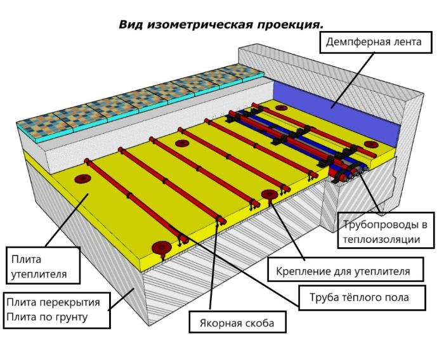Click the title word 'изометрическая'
(x=200, y=25)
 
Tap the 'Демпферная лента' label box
(x=375, y=42)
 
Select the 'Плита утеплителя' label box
(x=43, y=266)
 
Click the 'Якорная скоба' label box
(x=237, y=322)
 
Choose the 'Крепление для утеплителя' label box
(x=346, y=269)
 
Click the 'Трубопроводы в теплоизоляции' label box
(x=386, y=230)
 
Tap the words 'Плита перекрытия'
(x=53, y=302)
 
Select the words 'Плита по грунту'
(x=47, y=317)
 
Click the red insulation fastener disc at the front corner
(x=161, y=248)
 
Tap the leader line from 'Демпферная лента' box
(x=353, y=80)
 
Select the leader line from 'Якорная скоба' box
(x=214, y=262)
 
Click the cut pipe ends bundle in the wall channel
(x=351, y=173)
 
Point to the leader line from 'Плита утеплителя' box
(x=67, y=220)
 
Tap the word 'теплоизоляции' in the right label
(x=381, y=240)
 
